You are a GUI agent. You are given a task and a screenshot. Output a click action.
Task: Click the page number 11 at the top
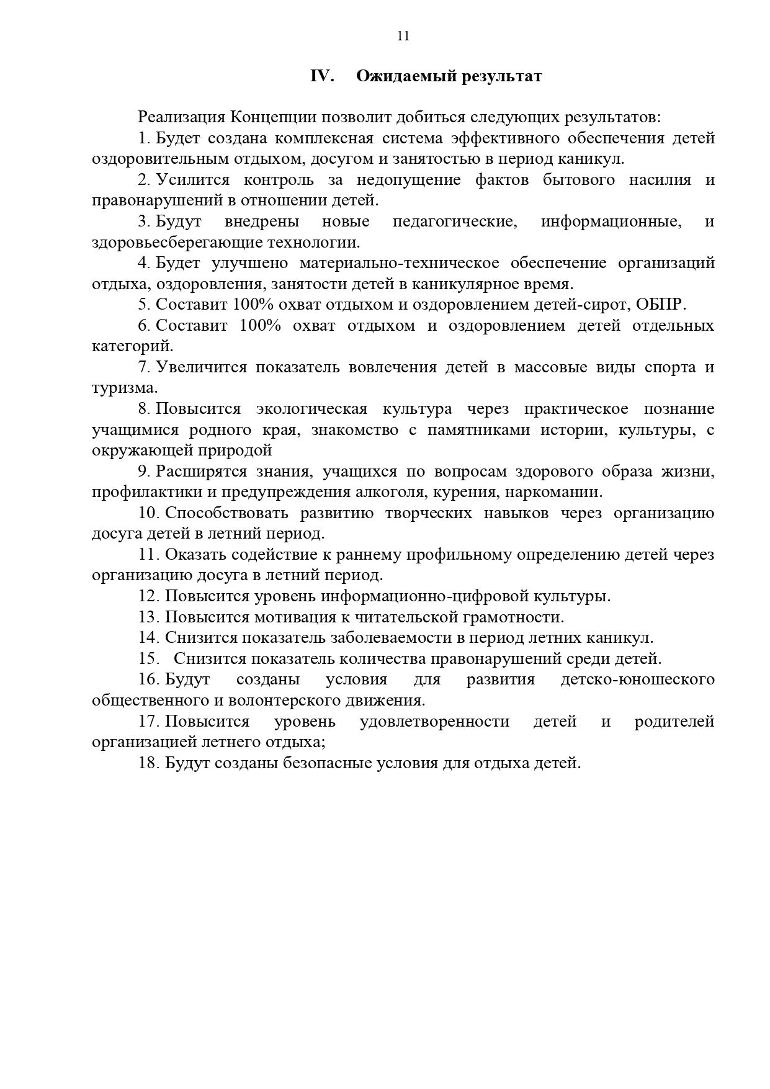tap(403, 36)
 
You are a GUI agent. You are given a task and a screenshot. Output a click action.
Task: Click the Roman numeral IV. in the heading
tap(322, 76)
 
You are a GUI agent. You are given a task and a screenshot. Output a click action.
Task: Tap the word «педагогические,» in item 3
tap(455, 222)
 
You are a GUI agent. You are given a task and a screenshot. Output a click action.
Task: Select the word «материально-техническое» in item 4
tap(400, 263)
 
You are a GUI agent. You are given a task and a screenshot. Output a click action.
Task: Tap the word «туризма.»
tap(125, 388)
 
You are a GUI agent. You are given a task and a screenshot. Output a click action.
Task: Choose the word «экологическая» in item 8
tap(311, 409)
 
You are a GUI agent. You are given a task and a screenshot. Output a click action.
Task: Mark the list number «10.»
tap(150, 513)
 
